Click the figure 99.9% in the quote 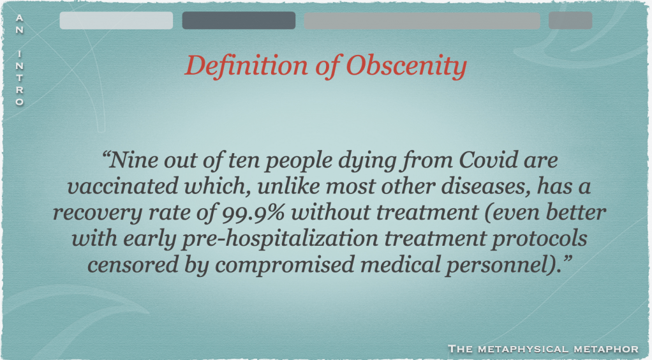(253, 213)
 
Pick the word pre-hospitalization (279, 239)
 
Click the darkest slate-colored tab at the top (239, 20)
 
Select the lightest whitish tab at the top (116, 20)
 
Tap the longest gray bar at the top (422, 20)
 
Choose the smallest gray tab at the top (570, 20)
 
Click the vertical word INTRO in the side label (20, 78)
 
